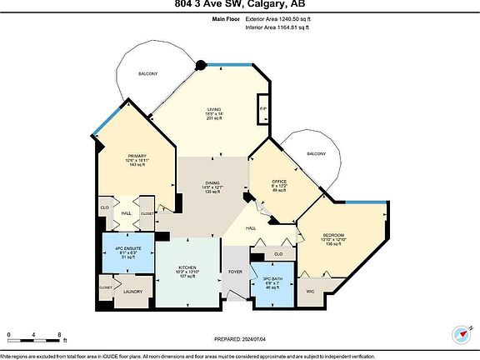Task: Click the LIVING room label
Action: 213,110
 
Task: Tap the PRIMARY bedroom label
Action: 137,156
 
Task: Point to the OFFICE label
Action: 279,181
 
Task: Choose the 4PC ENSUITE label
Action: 127,249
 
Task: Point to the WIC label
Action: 311,291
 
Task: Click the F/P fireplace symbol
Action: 263,110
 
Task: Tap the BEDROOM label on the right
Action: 333,236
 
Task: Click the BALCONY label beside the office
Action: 316,154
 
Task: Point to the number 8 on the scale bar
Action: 60,336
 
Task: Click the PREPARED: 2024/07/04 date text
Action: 240,339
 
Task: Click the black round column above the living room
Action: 201,64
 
